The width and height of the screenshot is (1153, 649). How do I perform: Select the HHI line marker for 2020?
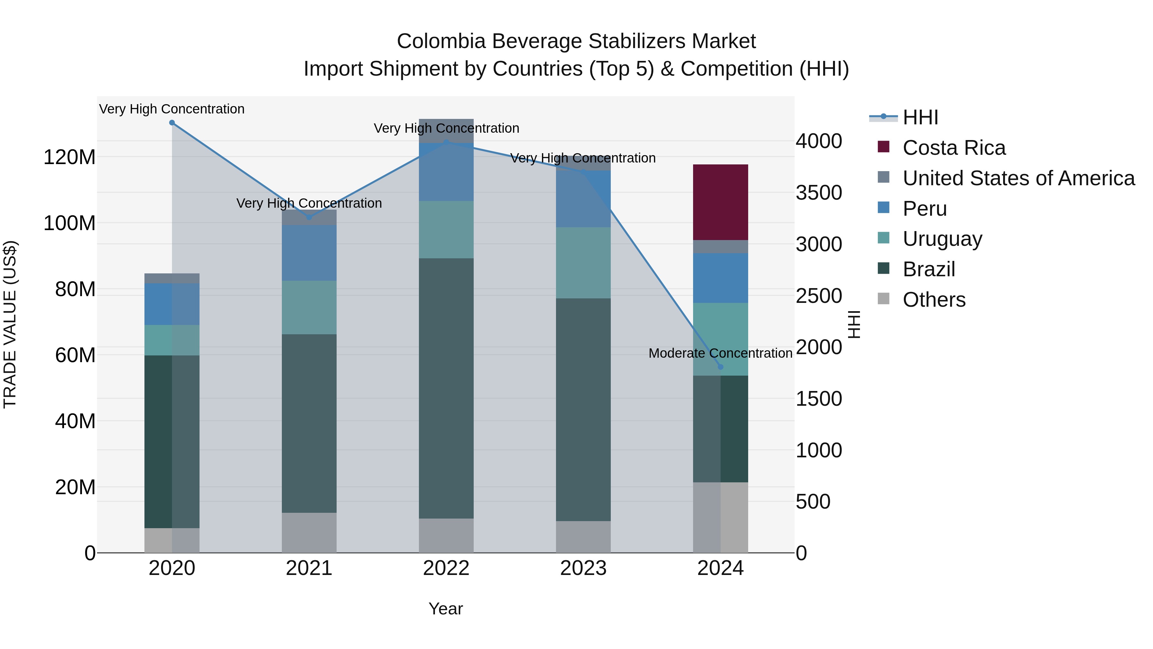[x=172, y=123]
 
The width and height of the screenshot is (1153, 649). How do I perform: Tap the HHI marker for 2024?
[x=720, y=367]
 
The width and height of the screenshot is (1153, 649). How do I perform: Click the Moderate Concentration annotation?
[x=720, y=354]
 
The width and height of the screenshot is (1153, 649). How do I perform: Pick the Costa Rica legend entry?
[x=953, y=148]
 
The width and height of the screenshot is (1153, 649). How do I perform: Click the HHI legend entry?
[x=920, y=117]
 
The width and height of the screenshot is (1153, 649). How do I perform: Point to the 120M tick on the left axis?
[x=70, y=157]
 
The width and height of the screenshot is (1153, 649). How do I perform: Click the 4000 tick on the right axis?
[x=819, y=141]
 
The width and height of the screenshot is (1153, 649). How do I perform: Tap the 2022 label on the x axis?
[x=446, y=568]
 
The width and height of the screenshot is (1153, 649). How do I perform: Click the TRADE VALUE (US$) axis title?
[x=10, y=324]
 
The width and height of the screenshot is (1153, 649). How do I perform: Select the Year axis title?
[x=446, y=609]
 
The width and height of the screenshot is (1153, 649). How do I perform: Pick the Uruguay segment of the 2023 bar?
[x=583, y=262]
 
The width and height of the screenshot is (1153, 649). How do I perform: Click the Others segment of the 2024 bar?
[x=720, y=517]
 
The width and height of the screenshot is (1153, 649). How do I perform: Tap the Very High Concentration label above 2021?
[x=309, y=203]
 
